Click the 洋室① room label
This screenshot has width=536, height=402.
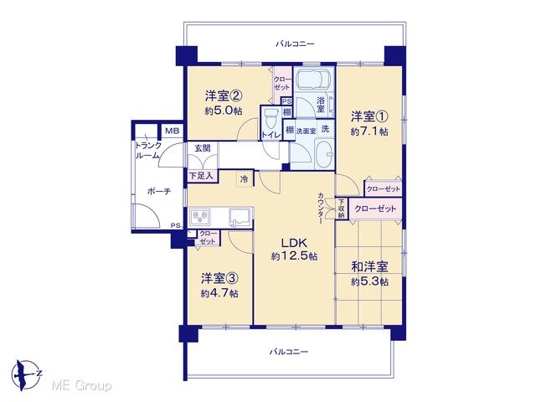pyautogui.click(x=369, y=117)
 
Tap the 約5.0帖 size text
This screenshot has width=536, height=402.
pyautogui.click(x=224, y=111)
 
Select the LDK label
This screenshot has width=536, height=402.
pyautogui.click(x=294, y=243)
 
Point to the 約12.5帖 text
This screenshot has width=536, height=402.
pyautogui.click(x=294, y=256)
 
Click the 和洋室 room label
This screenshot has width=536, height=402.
pyautogui.click(x=369, y=267)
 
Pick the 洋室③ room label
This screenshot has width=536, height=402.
pyautogui.click(x=219, y=279)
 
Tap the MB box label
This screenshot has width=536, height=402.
pyautogui.click(x=173, y=131)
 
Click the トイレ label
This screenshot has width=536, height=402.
pyautogui.click(x=271, y=135)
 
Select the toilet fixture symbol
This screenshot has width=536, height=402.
pyautogui.click(x=271, y=118)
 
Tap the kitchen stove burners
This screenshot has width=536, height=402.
pyautogui.click(x=200, y=216)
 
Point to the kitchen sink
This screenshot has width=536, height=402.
pyautogui.click(x=240, y=217)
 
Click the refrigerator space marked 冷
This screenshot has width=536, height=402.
pyautogui.click(x=245, y=178)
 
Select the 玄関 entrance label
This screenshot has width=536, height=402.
pyautogui.click(x=203, y=148)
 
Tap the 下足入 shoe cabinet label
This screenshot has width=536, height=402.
pyautogui.click(x=201, y=176)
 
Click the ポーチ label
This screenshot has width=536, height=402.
pyautogui.click(x=158, y=192)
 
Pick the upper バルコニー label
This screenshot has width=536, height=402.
pyautogui.click(x=295, y=44)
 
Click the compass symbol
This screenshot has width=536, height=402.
pyautogui.click(x=26, y=375)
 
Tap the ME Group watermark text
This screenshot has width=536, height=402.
pyautogui.click(x=81, y=386)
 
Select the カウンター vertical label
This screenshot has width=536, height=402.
pyautogui.click(x=321, y=209)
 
